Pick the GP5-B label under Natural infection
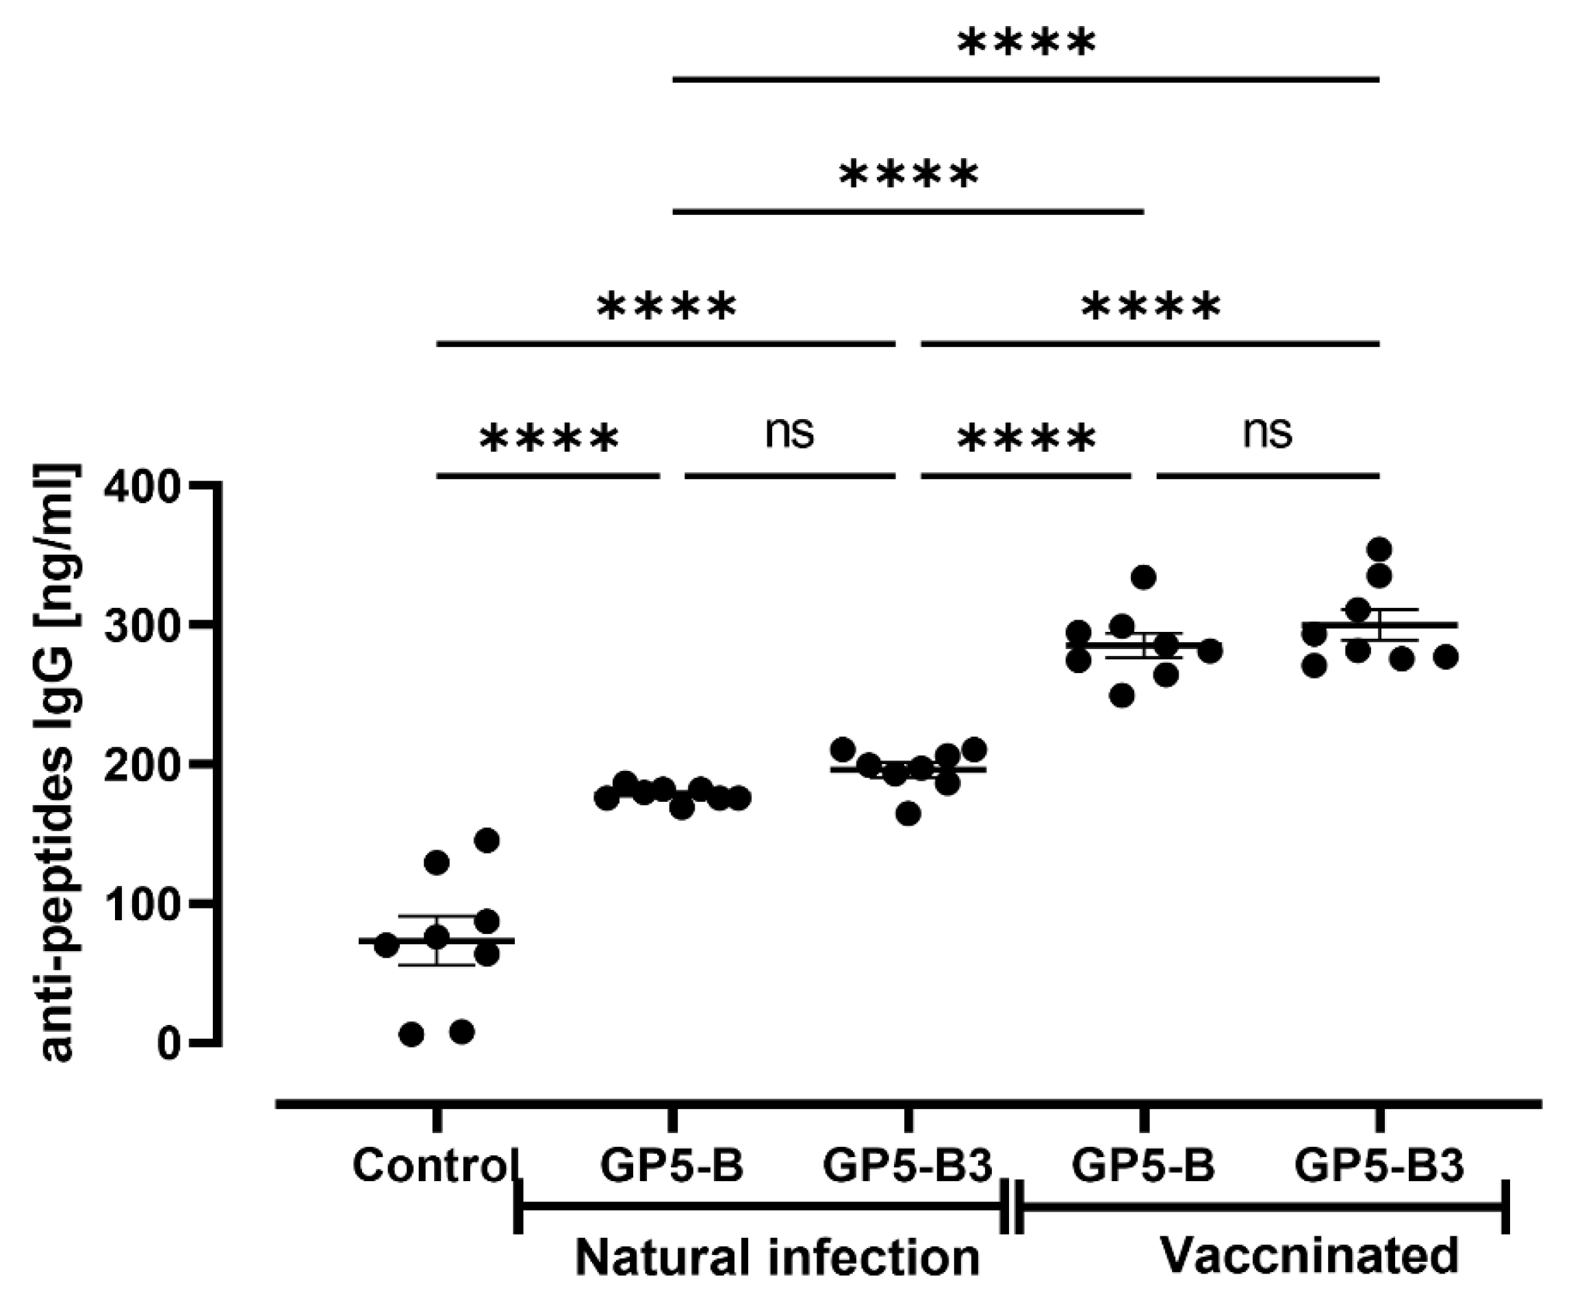click(672, 1165)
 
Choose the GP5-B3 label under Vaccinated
click(1379, 1165)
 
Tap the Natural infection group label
click(776, 1257)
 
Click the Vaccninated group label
click(1309, 1255)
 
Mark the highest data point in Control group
click(487, 840)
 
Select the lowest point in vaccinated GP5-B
click(1122, 696)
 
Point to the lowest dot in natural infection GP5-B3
click(908, 814)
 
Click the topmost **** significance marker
click(1026, 43)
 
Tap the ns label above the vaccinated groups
click(1267, 433)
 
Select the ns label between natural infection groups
click(789, 433)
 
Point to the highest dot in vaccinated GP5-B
click(1144, 577)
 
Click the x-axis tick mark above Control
click(437, 1119)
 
